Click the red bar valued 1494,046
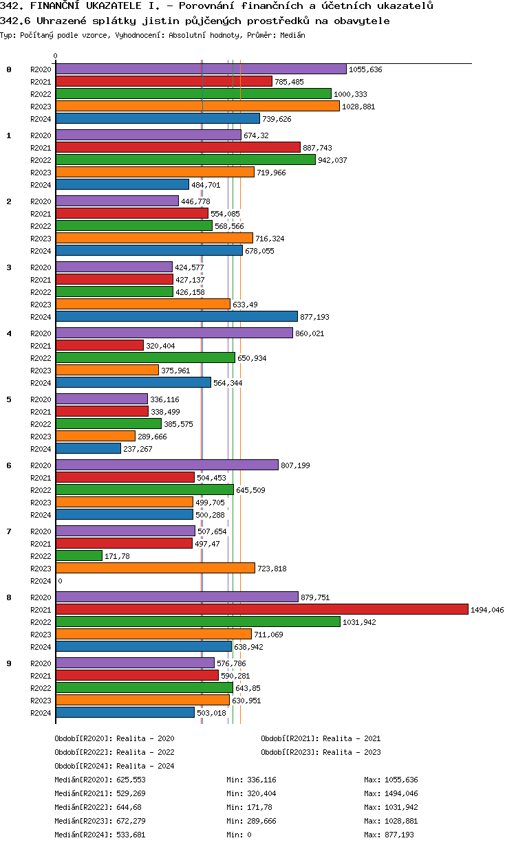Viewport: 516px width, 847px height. [261, 609]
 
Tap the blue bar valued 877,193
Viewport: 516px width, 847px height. [176, 316]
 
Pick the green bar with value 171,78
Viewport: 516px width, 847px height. [79, 555]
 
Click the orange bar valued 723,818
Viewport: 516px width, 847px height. [155, 568]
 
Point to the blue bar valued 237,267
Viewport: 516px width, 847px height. [88, 448]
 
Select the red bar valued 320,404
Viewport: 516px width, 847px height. [100, 345]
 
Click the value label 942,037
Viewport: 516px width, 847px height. [333, 160]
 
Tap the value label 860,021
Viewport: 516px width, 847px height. [310, 333]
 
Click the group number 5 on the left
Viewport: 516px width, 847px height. [9, 399]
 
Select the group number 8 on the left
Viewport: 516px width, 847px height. [9, 597]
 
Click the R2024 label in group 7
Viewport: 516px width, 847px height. [41, 581]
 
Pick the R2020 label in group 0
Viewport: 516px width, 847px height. [41, 69]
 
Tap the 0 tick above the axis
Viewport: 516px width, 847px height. [56, 56]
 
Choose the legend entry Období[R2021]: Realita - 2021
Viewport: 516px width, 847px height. [321, 738]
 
